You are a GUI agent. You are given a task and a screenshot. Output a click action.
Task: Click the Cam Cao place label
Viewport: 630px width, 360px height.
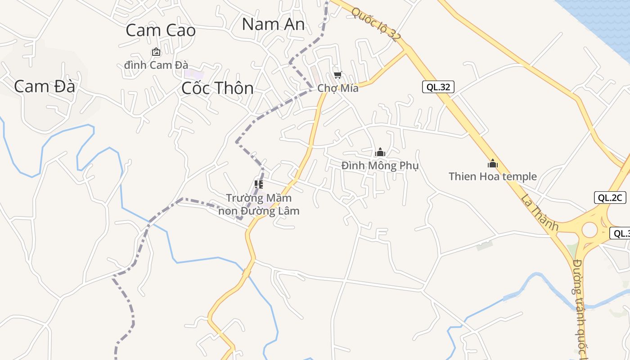[x=161, y=31]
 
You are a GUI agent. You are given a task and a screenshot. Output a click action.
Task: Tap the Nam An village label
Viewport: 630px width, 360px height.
[x=273, y=24]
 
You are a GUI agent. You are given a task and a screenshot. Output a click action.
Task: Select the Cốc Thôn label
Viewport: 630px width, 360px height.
[x=217, y=88]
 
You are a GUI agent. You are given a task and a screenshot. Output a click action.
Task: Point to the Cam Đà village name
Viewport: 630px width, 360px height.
[x=44, y=86]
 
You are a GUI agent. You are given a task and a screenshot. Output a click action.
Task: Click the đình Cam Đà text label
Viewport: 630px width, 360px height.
[x=156, y=65]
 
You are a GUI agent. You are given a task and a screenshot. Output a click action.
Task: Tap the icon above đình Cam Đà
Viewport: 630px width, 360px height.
[x=156, y=52]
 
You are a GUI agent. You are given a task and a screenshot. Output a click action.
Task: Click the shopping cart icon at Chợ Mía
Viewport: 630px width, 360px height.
[x=337, y=75]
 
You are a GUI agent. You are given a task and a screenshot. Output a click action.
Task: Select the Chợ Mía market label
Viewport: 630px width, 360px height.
[x=338, y=88]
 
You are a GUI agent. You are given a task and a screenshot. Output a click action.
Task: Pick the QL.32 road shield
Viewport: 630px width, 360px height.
[x=438, y=87]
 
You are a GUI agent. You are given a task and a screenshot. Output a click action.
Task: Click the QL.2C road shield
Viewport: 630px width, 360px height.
[x=610, y=197]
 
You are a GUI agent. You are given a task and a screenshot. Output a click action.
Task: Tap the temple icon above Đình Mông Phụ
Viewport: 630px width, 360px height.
[x=380, y=152]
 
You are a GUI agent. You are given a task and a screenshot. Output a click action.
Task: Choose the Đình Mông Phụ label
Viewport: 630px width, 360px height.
[x=380, y=166]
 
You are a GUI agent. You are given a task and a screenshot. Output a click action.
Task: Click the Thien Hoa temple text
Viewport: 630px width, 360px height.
[x=493, y=176]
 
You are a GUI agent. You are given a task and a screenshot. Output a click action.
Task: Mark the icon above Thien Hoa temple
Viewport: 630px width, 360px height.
[x=493, y=163]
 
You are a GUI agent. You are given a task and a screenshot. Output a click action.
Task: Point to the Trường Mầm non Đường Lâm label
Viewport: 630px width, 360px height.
[x=259, y=204]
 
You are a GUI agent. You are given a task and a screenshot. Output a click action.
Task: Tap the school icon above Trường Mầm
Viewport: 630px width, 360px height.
[x=259, y=184]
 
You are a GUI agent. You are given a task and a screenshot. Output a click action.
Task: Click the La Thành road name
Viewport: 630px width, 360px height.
[x=540, y=212]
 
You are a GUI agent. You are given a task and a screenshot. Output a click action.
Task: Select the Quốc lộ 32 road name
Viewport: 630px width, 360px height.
[x=375, y=25]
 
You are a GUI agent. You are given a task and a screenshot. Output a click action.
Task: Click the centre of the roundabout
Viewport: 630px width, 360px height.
[x=589, y=230]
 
